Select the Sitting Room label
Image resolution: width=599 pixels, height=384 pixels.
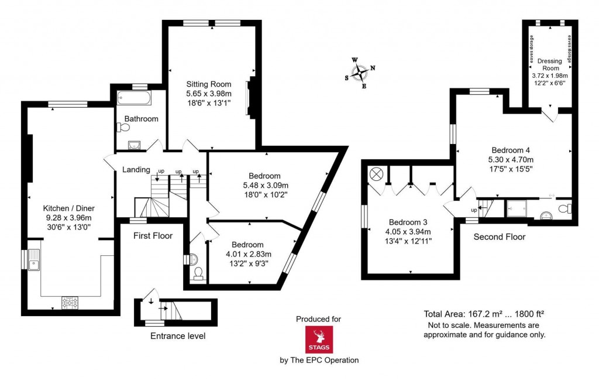(209, 84)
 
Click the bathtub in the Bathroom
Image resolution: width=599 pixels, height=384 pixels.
(134, 98)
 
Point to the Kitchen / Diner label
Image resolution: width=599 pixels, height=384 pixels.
(69, 208)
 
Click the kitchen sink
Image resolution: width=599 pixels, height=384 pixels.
(35, 259)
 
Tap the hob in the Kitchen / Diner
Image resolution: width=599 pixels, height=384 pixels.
(70, 301)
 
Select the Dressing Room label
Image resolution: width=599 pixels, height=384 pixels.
(549, 64)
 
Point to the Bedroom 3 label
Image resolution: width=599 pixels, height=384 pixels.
(408, 222)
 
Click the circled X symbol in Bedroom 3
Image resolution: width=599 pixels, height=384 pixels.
(376, 174)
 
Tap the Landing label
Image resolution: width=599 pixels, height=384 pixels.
(136, 170)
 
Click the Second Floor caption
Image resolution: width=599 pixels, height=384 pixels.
(499, 237)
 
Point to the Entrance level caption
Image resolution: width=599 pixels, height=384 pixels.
(178, 336)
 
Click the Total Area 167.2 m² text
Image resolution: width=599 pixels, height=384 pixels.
(485, 314)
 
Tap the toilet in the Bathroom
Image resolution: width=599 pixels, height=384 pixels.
(123, 127)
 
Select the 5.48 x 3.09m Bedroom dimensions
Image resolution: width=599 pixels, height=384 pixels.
(264, 185)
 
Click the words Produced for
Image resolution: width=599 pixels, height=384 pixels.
(318, 319)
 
